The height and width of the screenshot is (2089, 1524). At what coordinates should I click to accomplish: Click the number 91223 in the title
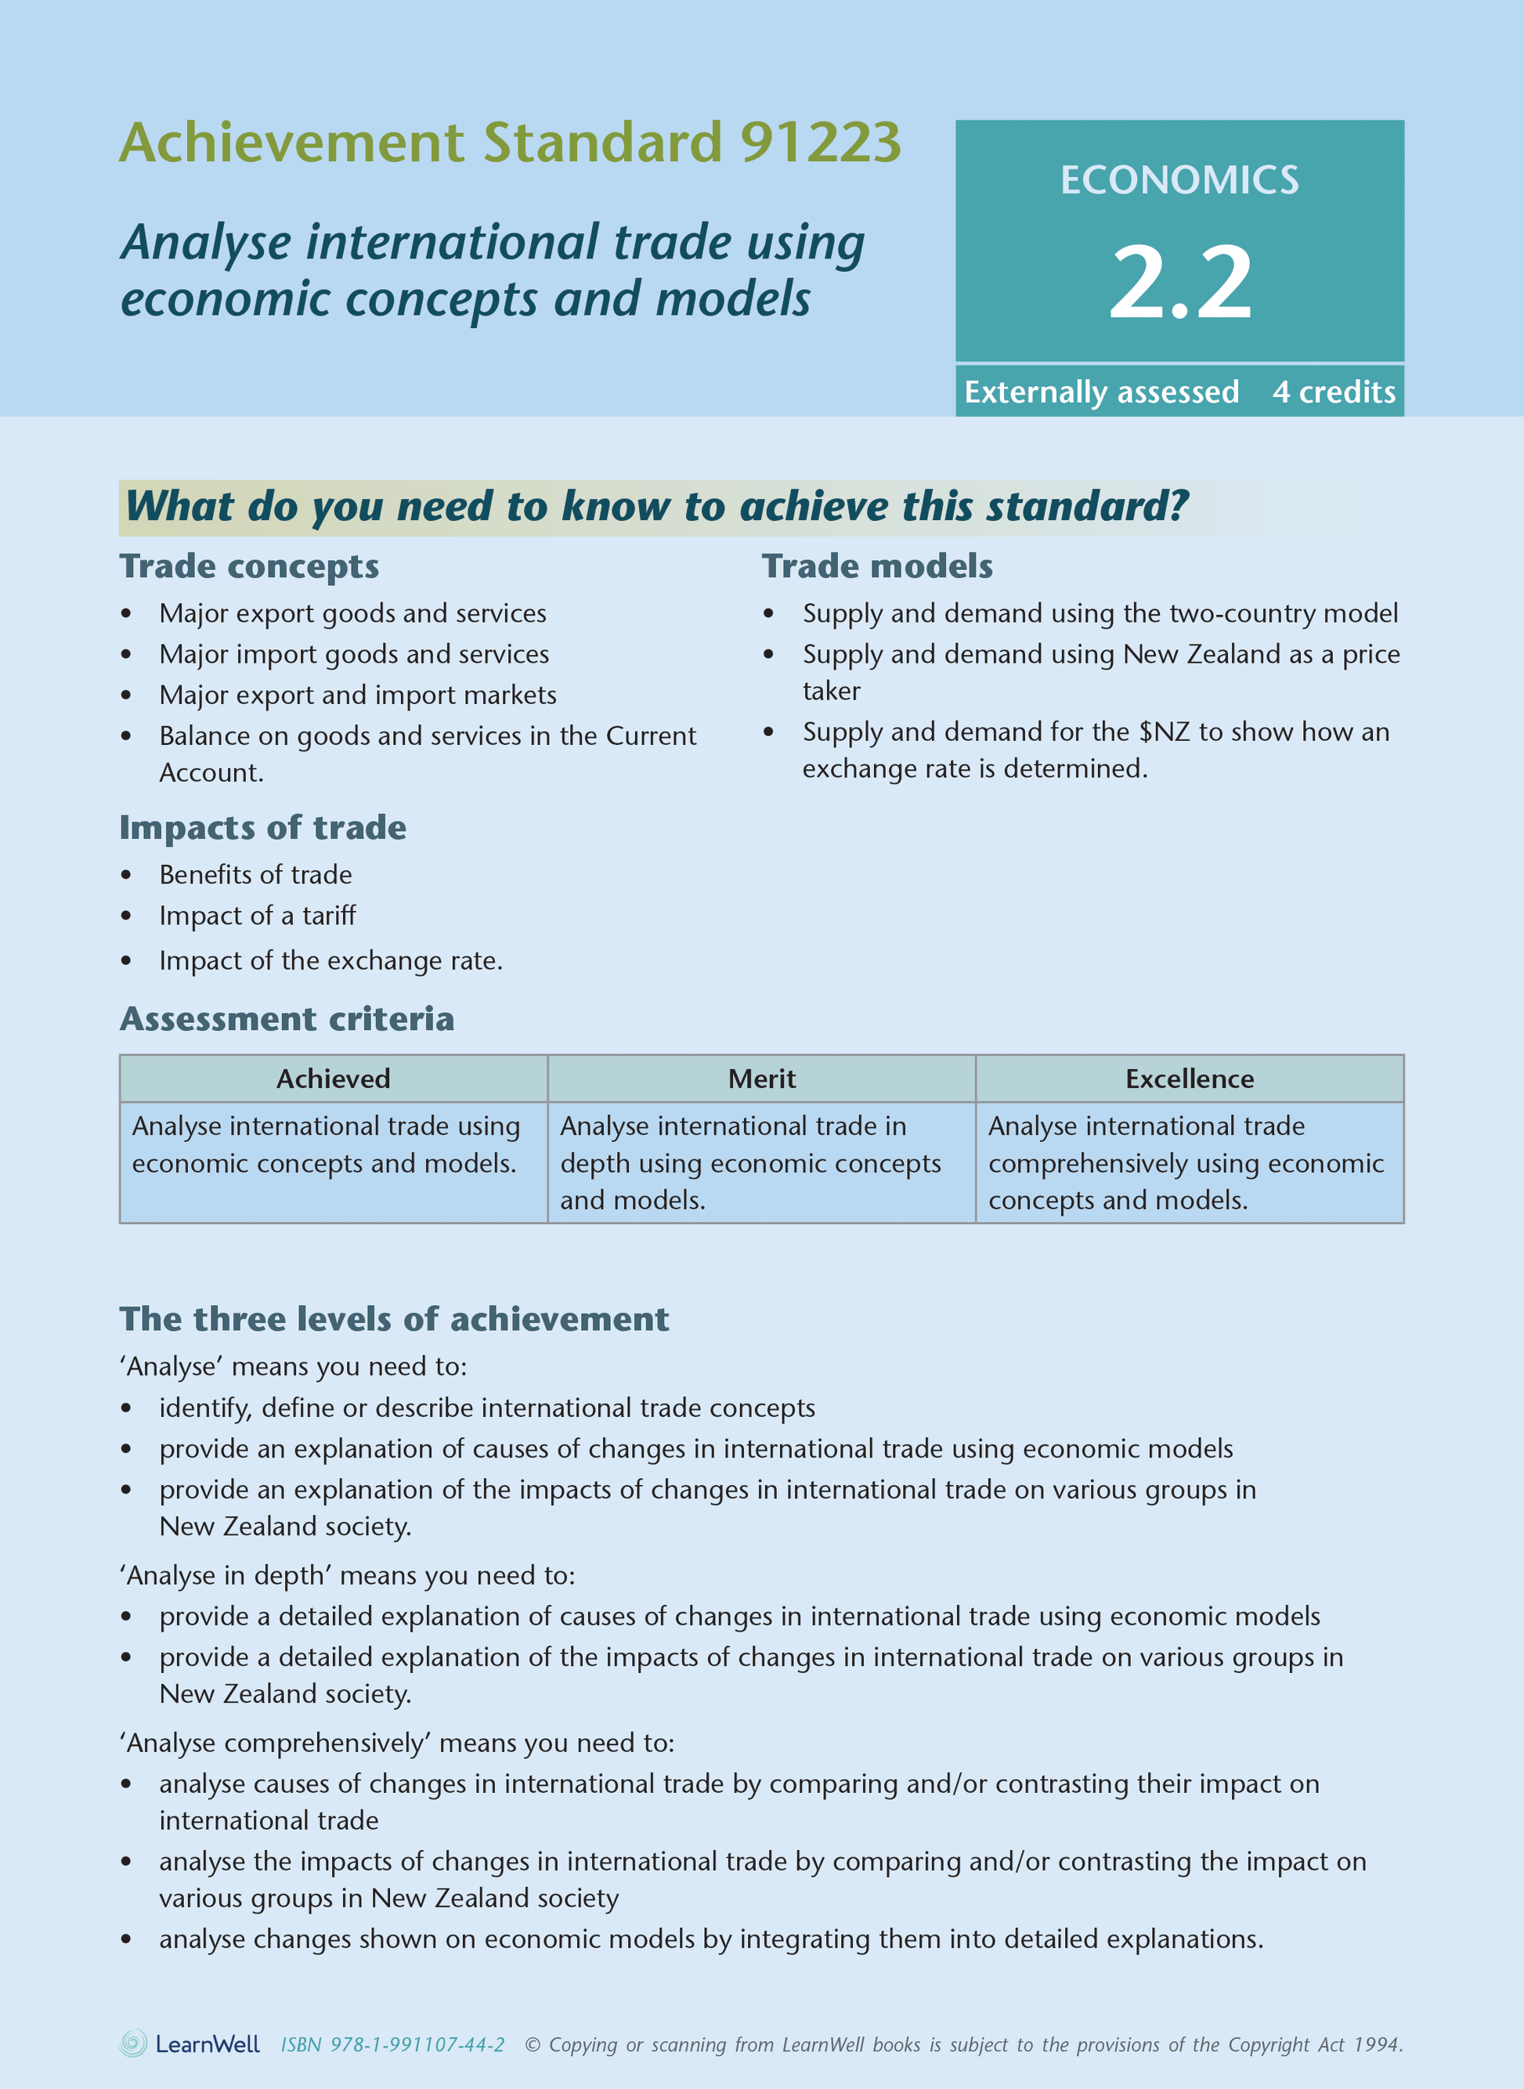820,143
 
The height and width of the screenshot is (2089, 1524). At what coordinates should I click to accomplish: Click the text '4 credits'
1334,392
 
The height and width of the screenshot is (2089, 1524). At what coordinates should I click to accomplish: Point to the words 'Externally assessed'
1101,392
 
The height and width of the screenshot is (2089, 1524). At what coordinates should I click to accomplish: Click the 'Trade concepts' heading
249,566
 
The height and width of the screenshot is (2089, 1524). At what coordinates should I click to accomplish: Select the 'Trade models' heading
877,566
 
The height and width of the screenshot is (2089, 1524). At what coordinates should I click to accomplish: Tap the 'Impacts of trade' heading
263,828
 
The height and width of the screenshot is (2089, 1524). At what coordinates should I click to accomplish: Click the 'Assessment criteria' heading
287,1019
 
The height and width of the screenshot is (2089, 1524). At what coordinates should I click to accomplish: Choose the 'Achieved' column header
333,1079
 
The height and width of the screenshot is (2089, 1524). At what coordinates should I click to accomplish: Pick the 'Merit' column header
762,1079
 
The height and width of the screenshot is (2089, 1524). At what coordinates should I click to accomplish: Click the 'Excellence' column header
1189,1079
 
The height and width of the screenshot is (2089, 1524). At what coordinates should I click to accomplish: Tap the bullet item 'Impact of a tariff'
258,916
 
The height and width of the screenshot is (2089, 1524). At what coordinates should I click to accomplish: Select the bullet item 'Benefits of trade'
255,875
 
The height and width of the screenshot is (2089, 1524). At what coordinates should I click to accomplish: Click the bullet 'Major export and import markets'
358,695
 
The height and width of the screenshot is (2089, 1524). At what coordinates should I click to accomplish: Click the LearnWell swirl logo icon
134,2044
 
